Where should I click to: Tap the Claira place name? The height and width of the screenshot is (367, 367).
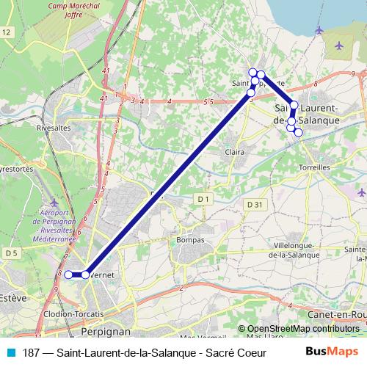click(x=235, y=152)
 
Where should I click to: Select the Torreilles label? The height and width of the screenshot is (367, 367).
click(x=315, y=167)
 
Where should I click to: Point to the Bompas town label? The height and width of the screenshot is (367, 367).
click(x=190, y=239)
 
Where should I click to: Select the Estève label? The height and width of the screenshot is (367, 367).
click(x=13, y=298)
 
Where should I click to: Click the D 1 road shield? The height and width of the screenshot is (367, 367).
click(x=203, y=198)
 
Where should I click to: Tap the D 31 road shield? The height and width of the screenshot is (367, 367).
click(x=255, y=203)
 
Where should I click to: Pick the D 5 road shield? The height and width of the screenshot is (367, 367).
click(x=10, y=253)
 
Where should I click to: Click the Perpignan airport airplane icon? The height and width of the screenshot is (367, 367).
click(x=54, y=202)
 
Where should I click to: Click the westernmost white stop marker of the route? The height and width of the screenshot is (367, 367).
click(x=68, y=275)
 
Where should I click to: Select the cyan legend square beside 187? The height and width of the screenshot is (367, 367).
click(x=10, y=353)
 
